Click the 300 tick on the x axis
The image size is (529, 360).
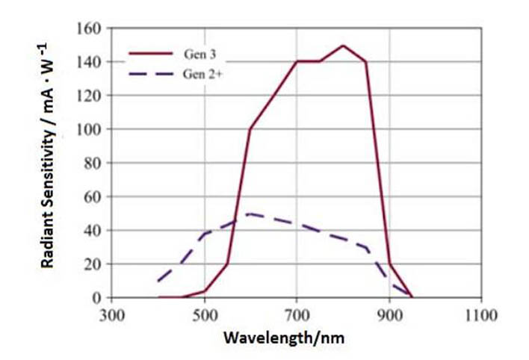pyautogui.click(x=111, y=315)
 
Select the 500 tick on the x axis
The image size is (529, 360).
pyautogui.click(x=205, y=315)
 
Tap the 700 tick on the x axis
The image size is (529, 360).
pyautogui.click(x=297, y=315)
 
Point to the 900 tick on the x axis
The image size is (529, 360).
pyautogui.click(x=389, y=315)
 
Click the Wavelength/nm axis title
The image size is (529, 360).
pyautogui.click(x=284, y=338)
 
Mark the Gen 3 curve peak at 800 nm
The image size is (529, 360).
pyautogui.click(x=343, y=46)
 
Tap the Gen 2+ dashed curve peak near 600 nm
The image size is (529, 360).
pyautogui.click(x=250, y=214)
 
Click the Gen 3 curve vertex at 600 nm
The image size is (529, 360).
pyautogui.click(x=250, y=129)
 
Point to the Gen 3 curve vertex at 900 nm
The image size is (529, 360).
pyautogui.click(x=389, y=264)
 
